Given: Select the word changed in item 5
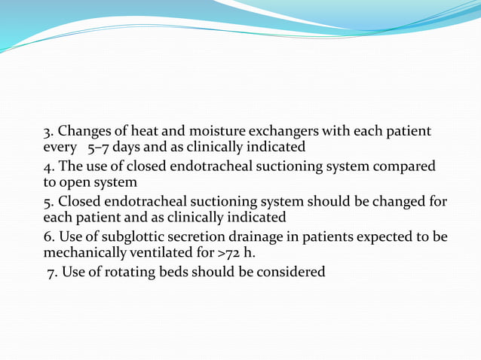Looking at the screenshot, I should point(398,202).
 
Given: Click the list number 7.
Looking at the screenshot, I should point(51,272).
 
